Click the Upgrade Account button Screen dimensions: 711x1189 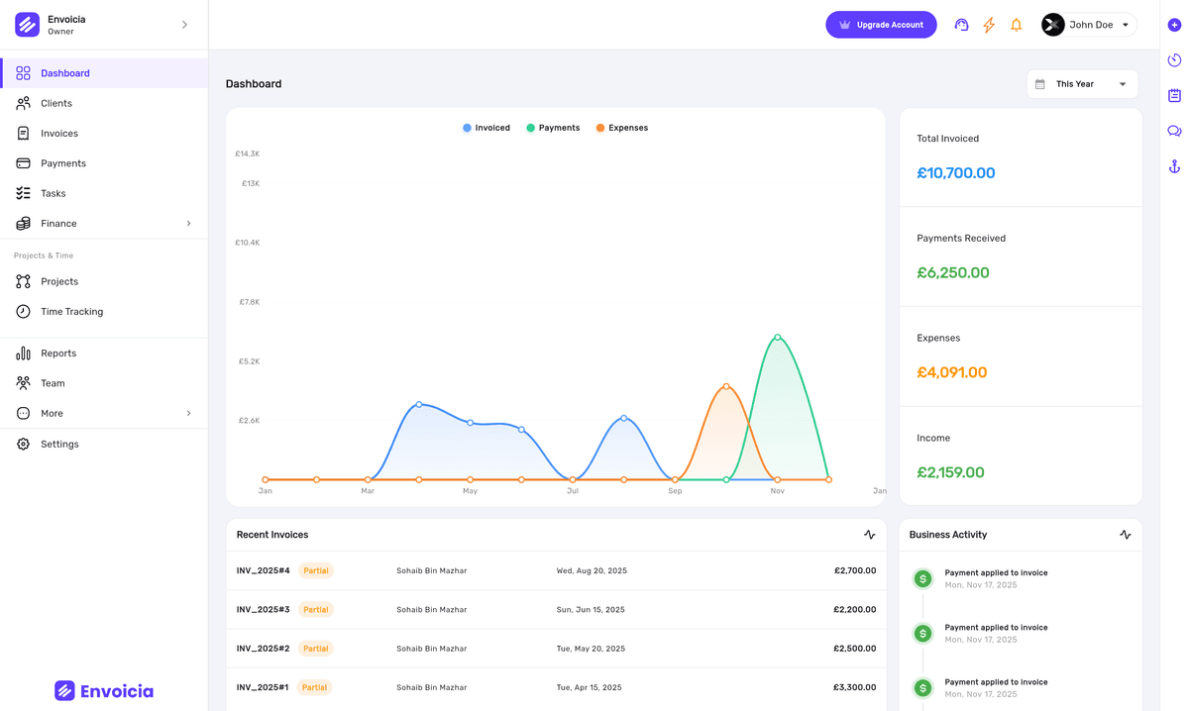[x=881, y=25]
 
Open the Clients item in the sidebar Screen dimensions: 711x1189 [x=56, y=103]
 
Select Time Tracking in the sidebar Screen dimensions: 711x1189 [x=71, y=312]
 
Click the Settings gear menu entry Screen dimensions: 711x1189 [x=59, y=445]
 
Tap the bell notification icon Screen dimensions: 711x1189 [x=1016, y=25]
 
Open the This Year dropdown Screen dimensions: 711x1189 [x=1082, y=84]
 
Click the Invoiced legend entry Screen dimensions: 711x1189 [x=486, y=128]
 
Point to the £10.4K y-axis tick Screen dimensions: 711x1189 [x=248, y=243]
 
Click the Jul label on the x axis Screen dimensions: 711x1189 [x=573, y=491]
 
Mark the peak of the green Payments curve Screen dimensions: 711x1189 [x=778, y=337]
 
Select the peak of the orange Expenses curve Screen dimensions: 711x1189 [x=726, y=386]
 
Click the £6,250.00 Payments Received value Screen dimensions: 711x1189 [x=953, y=272]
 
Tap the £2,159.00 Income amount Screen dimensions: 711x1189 [x=950, y=472]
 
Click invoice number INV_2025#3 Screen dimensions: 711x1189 [x=263, y=610]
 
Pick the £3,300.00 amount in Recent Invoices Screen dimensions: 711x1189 [x=854, y=687]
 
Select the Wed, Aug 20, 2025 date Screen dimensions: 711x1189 [x=592, y=571]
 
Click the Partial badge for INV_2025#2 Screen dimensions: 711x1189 [x=316, y=649]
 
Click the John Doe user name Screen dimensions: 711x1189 [x=1091, y=25]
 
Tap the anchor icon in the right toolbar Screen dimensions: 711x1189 [x=1174, y=166]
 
